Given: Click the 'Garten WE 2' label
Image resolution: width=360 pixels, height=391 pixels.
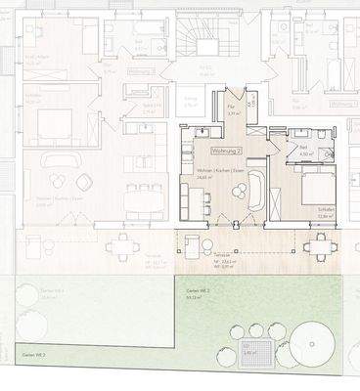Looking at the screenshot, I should click(x=187, y=293).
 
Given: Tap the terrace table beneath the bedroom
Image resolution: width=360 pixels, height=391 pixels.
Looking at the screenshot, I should click(x=319, y=243).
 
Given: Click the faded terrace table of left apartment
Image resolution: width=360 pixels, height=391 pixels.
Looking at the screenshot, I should click(x=124, y=243).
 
